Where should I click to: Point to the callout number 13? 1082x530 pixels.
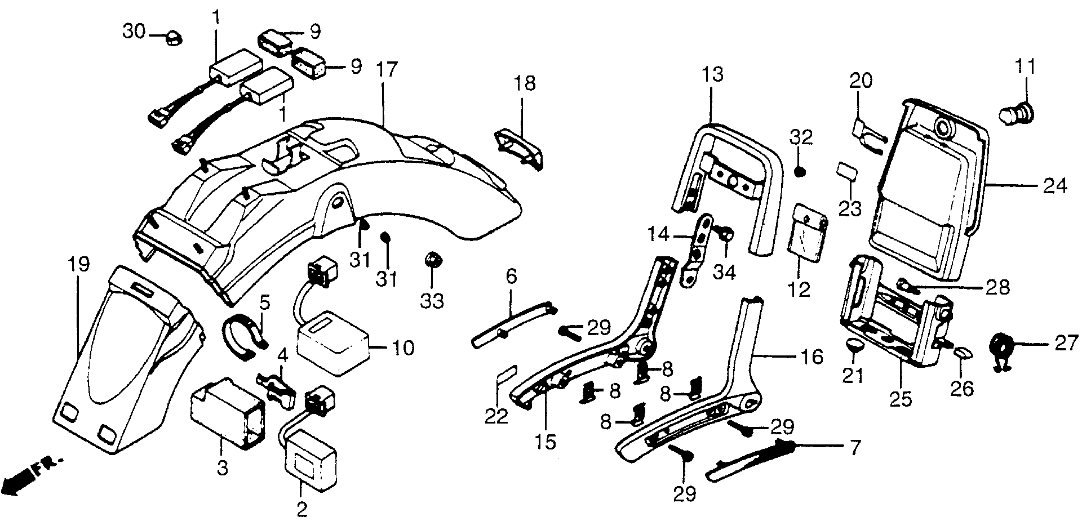pyautogui.click(x=713, y=74)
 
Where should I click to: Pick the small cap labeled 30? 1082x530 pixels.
pyautogui.click(x=172, y=38)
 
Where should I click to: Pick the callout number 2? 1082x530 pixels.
pyautogui.click(x=302, y=509)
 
